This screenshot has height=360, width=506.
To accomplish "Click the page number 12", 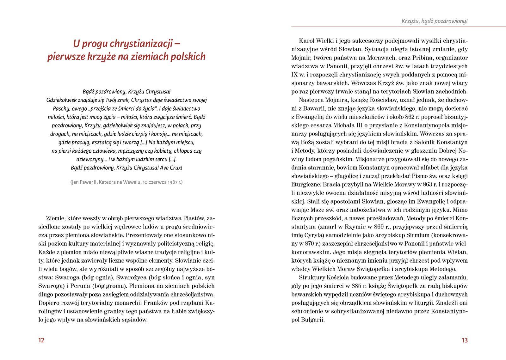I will click(41, 340).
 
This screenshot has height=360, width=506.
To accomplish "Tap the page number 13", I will click(464, 340).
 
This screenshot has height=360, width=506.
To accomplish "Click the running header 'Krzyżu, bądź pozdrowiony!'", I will click(434, 21).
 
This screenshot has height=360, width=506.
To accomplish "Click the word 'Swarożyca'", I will click(130, 278).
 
